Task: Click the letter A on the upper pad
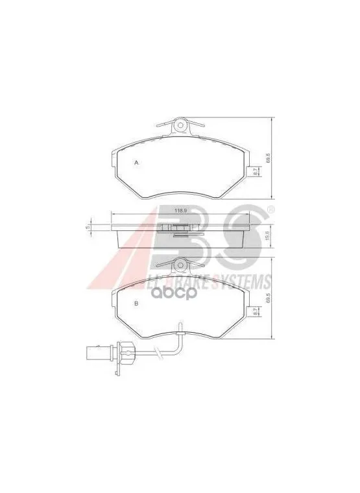(x=136, y=163)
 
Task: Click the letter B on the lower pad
(x=136, y=304)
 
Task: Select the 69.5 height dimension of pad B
(x=267, y=298)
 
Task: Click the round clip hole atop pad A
(x=182, y=125)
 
